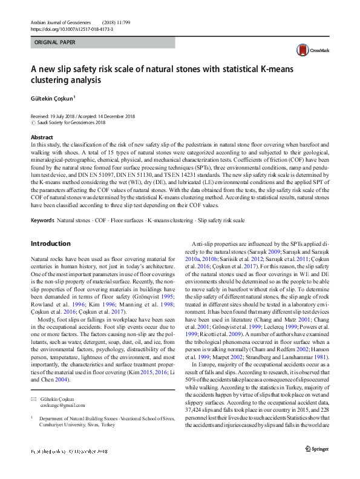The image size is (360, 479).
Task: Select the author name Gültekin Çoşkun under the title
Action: tap(52, 97)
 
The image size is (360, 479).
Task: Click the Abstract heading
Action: tap(41, 138)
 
